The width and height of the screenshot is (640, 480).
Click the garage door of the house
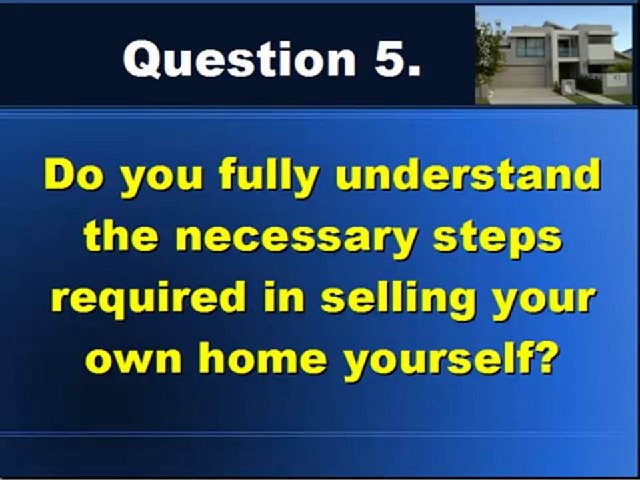(520, 75)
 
